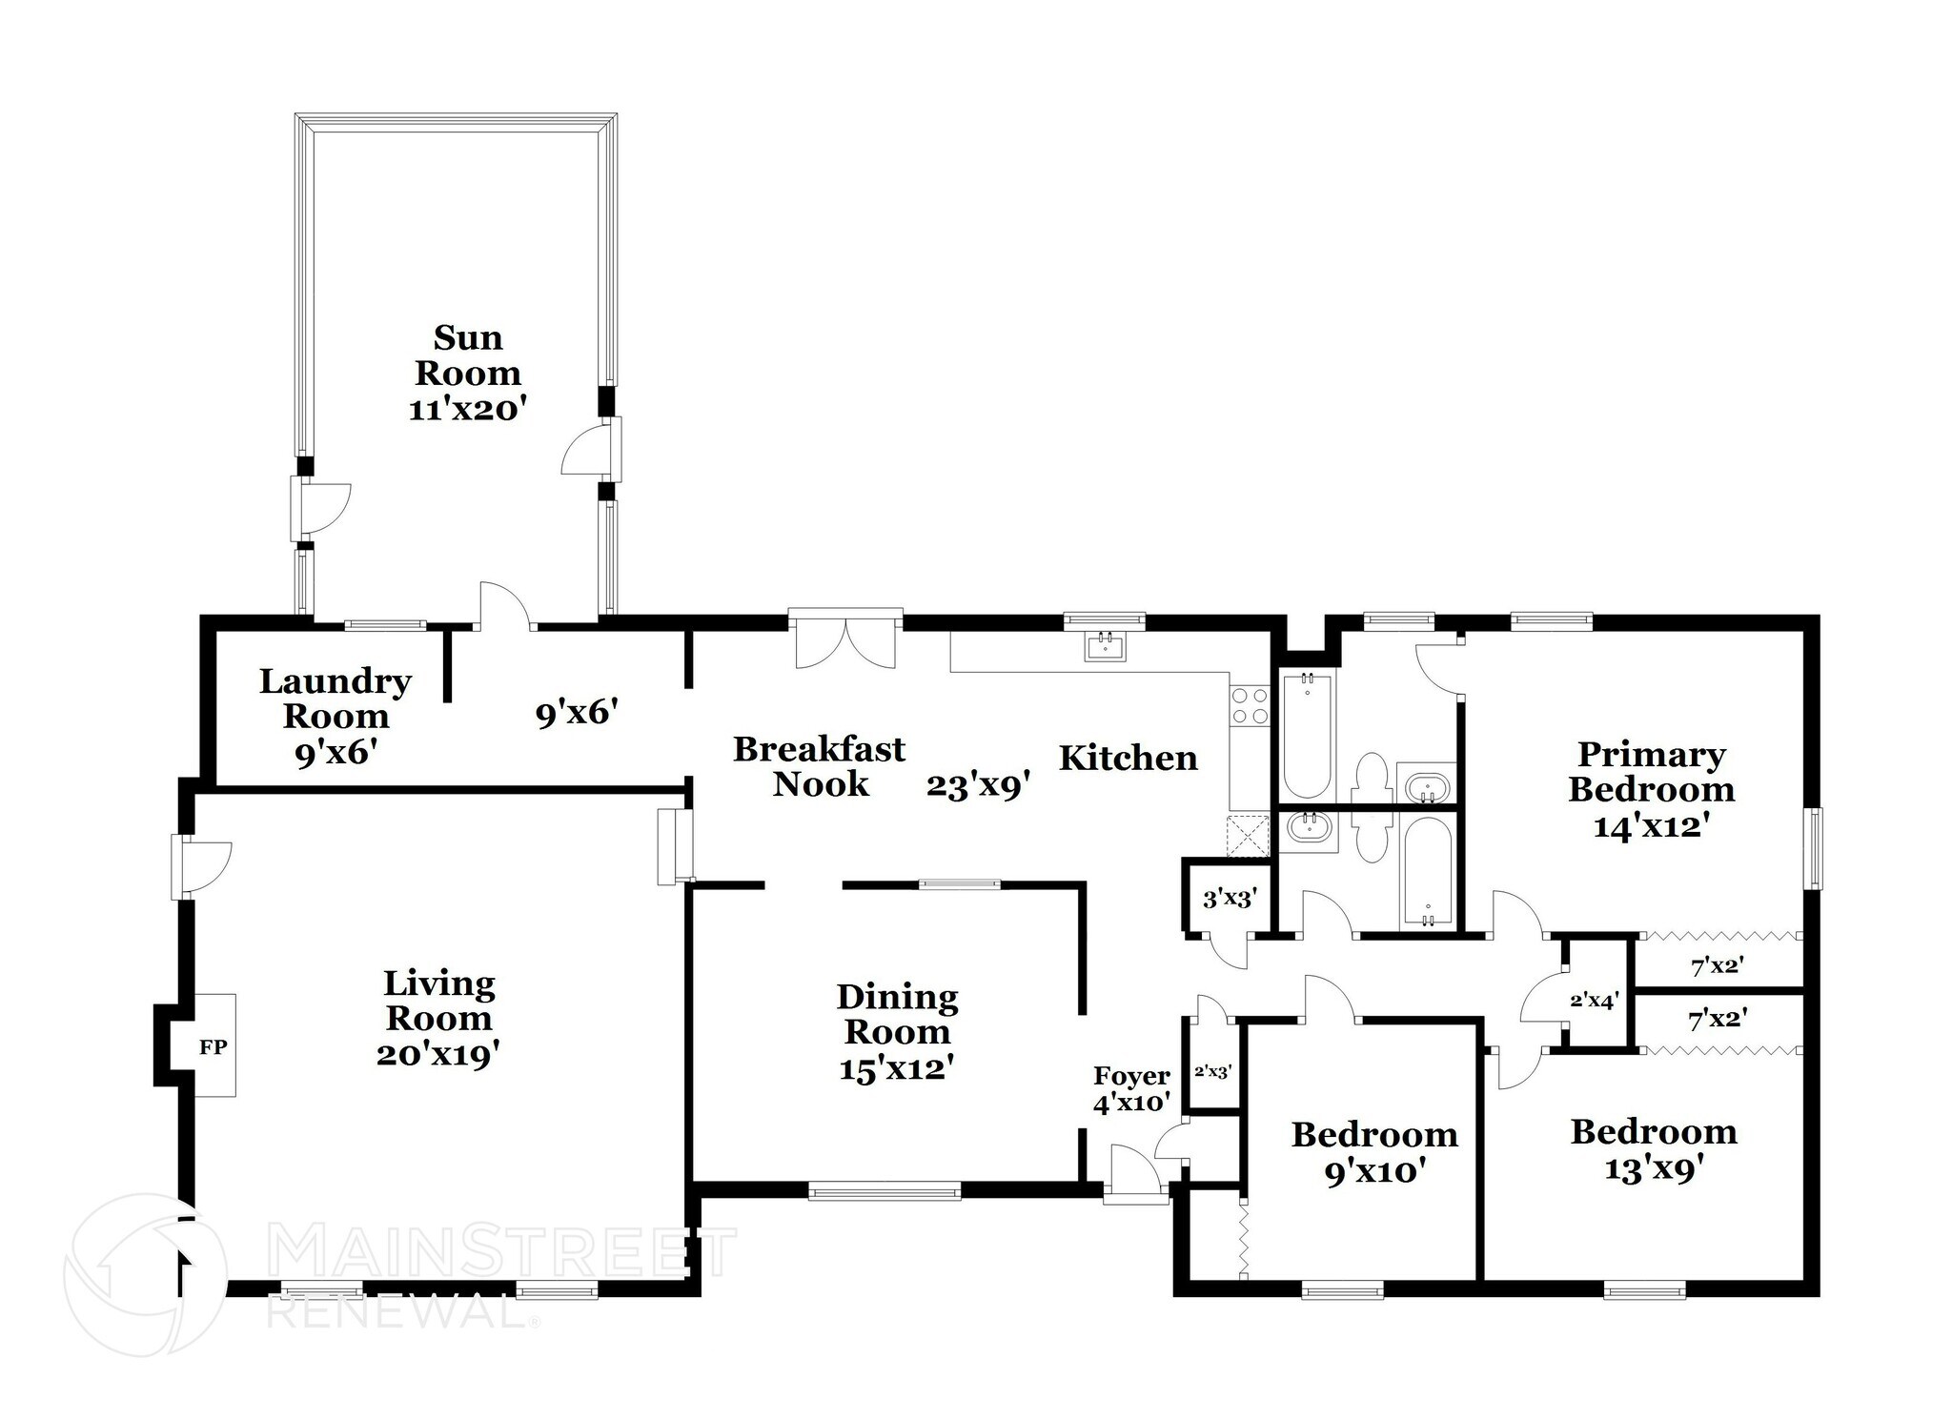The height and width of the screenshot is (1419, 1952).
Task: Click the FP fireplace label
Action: click(213, 1046)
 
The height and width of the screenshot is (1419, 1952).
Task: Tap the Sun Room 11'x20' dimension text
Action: click(468, 409)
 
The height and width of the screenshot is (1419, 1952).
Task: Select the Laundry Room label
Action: click(335, 699)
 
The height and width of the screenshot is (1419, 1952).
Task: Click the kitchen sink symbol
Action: click(1106, 646)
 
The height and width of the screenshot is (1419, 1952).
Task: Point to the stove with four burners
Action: click(1249, 706)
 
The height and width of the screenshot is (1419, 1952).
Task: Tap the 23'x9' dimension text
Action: click(977, 786)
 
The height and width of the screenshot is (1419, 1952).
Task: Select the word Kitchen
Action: click(1128, 758)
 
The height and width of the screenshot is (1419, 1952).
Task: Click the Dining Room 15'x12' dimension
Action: click(897, 1067)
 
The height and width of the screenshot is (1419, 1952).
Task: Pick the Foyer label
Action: click(1131, 1075)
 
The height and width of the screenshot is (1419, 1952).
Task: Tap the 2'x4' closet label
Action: click(1594, 1001)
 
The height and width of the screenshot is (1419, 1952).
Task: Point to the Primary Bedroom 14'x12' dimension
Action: click(1648, 824)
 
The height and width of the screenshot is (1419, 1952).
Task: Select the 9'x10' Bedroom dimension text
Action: click(1374, 1170)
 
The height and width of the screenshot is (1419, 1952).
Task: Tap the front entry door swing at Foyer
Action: click(1135, 1169)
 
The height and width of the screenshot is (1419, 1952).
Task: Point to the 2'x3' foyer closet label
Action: click(1213, 1070)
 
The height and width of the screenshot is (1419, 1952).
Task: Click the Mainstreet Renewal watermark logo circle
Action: click(145, 1274)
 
